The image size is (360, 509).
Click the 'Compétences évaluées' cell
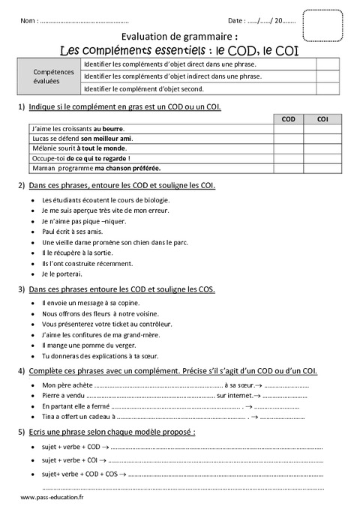[x=53, y=76]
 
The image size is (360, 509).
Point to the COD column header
[x=288, y=119]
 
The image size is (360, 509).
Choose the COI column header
[x=322, y=119]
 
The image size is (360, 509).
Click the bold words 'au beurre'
[x=108, y=129]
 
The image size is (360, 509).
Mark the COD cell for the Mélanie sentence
[x=288, y=148]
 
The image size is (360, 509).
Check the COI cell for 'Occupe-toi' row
[x=322, y=158]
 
